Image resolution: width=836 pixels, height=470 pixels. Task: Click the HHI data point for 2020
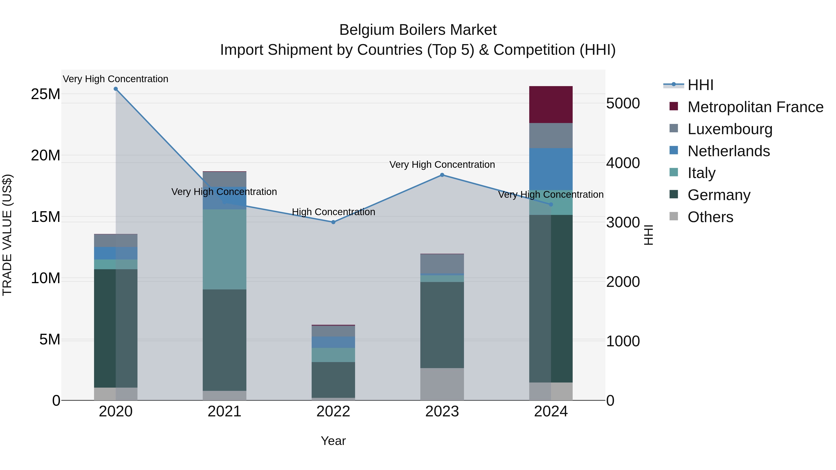[x=116, y=89]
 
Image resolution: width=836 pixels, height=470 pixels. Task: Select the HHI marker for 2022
[x=333, y=222]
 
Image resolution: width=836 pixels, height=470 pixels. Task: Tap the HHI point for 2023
[x=442, y=175]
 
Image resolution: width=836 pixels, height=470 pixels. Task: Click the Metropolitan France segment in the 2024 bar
[x=551, y=104]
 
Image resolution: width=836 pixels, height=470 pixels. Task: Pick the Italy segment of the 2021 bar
[x=224, y=249]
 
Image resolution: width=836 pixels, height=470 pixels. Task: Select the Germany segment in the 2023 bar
[x=442, y=325]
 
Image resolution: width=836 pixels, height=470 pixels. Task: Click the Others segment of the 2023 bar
[x=442, y=384]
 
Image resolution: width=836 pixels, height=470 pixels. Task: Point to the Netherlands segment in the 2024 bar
[x=551, y=169]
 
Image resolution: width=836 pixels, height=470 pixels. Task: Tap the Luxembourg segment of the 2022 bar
[x=333, y=331]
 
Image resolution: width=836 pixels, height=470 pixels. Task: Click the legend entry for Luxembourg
[x=730, y=129]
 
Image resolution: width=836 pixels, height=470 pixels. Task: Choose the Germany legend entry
[x=719, y=195]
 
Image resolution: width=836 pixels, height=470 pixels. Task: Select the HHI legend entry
[x=700, y=85]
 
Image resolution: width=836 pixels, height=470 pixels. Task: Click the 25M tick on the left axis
[x=46, y=94]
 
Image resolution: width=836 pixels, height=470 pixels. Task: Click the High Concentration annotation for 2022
[x=333, y=212]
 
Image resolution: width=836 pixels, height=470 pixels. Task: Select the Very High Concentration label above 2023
[x=442, y=165]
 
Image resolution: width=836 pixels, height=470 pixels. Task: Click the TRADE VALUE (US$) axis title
[x=7, y=235]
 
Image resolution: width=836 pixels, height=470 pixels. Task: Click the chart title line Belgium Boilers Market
[x=418, y=30]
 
